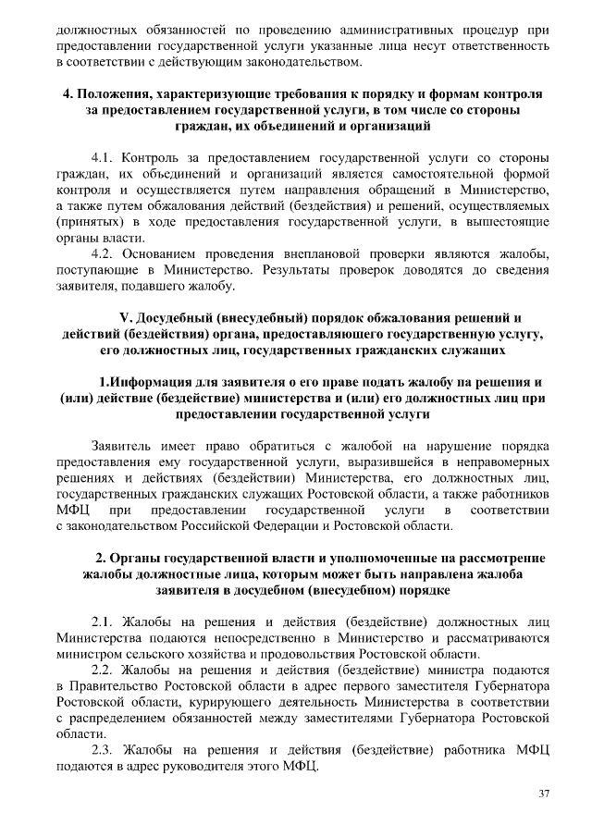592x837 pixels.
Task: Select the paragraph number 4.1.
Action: point(105,156)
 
